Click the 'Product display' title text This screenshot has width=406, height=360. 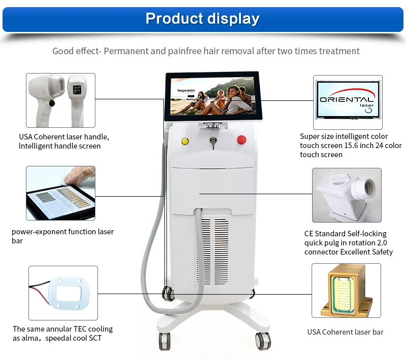(x=202, y=19)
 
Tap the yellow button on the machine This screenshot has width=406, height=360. (x=185, y=140)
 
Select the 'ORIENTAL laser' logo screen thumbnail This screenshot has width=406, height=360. (x=347, y=102)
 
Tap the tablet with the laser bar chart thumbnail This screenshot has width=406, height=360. (x=60, y=193)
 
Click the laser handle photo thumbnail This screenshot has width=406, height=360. (x=60, y=100)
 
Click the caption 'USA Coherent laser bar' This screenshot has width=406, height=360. (x=345, y=332)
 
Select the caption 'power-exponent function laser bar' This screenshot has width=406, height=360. (x=62, y=236)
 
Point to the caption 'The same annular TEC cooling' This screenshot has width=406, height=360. (x=62, y=334)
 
